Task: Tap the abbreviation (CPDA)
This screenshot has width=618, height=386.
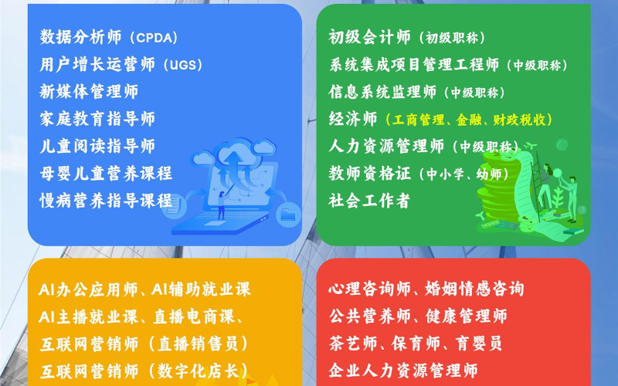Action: [x=153, y=38]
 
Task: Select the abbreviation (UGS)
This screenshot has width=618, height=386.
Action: [x=182, y=65]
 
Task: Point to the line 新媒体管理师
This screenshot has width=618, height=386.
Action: [x=89, y=91]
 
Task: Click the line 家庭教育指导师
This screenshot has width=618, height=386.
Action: [x=97, y=119]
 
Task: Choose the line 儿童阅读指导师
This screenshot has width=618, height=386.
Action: [x=97, y=146]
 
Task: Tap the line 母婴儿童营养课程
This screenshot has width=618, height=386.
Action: [x=106, y=173]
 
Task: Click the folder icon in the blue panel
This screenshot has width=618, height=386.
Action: [x=288, y=215]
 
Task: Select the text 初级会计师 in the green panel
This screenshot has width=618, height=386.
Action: [x=370, y=37]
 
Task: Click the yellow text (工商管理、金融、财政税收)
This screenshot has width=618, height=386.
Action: [x=469, y=120]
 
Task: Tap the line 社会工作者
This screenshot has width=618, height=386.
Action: [x=369, y=200]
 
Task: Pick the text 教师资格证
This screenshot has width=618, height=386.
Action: [x=370, y=173]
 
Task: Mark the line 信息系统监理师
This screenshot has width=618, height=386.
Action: [x=382, y=91]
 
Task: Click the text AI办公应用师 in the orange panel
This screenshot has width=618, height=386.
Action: [x=88, y=289]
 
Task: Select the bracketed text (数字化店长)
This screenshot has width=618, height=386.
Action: [x=199, y=371]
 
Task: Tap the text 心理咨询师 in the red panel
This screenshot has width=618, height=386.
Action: [x=370, y=289]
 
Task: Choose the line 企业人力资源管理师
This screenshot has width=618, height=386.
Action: [x=403, y=371]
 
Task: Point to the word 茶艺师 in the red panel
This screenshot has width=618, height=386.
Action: [x=353, y=343]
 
